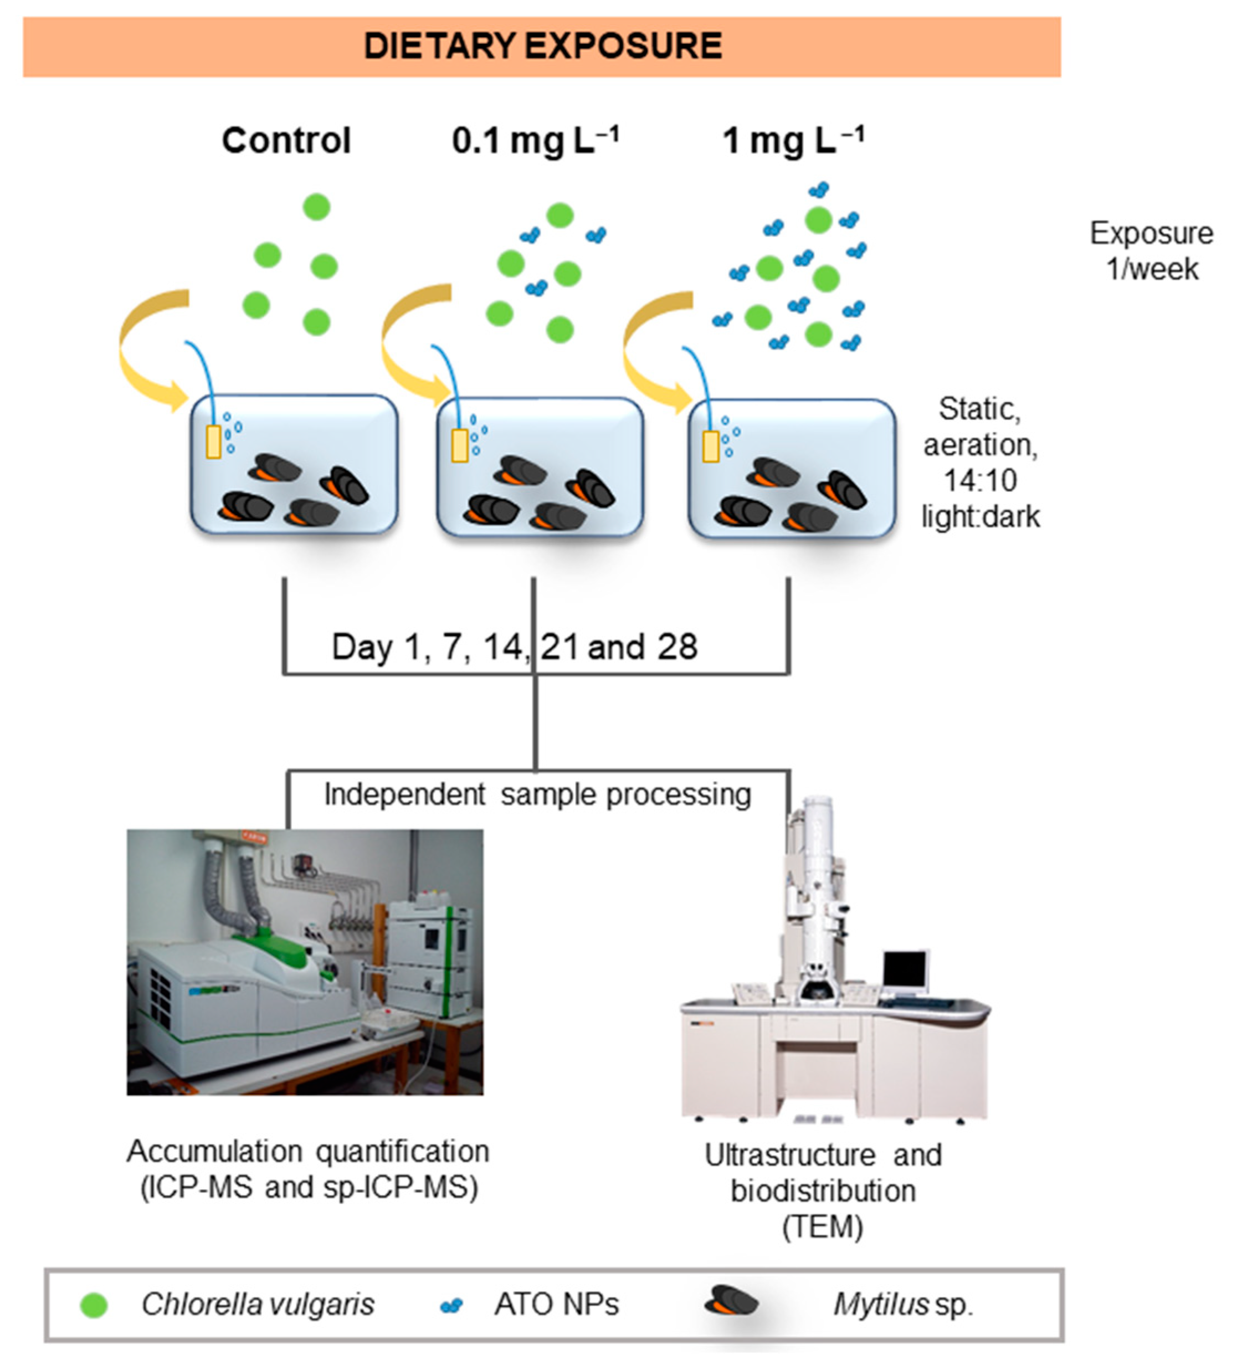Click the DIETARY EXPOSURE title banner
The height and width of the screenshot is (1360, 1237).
click(x=542, y=47)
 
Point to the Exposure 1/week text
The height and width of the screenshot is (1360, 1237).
click(x=1151, y=251)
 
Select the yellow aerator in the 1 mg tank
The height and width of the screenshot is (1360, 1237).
click(x=710, y=447)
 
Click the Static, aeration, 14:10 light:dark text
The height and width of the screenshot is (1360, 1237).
click(x=980, y=463)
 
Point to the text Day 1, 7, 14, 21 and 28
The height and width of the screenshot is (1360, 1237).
click(x=514, y=646)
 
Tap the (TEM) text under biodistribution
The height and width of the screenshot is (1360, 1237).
click(x=822, y=1226)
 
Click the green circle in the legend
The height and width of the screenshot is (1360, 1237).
click(x=94, y=1305)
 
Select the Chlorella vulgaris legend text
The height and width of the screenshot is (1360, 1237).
click(x=258, y=1305)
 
